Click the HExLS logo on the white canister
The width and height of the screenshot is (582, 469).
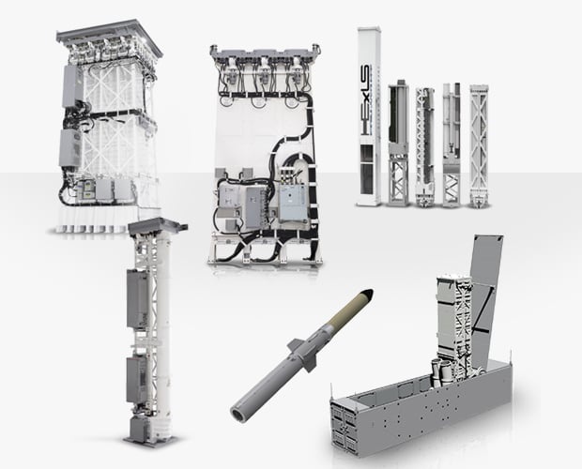point(365,99)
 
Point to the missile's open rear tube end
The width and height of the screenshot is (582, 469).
point(237,413)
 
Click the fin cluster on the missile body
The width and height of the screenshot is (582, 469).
point(303,354)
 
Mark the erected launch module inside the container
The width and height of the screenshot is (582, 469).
point(454,326)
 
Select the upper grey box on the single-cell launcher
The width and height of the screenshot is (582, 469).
point(137,299)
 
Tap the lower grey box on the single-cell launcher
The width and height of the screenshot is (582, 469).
point(137,380)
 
